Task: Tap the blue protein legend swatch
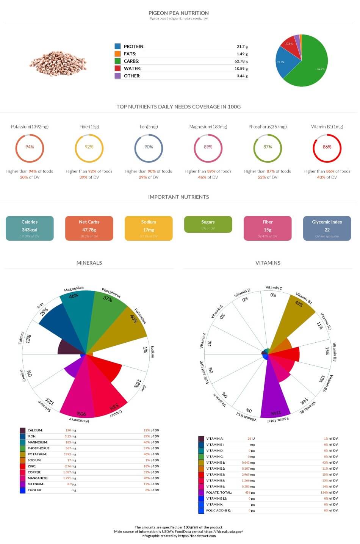(117, 46)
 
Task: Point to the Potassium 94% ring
(30, 147)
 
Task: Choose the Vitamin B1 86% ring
(327, 147)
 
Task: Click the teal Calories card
(30, 228)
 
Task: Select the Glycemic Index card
(327, 228)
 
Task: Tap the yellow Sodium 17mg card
(149, 228)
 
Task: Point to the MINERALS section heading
(89, 263)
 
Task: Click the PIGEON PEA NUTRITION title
(178, 13)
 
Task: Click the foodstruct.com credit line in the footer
(178, 536)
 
